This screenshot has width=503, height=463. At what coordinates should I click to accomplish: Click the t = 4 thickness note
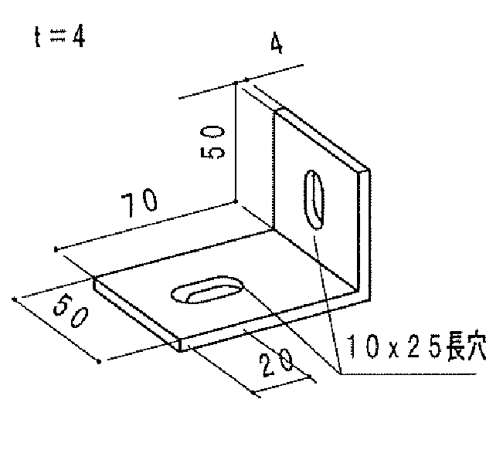tap(59, 36)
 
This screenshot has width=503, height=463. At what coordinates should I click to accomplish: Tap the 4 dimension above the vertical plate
tap(277, 42)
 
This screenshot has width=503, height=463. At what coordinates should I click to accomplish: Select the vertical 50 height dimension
tap(212, 142)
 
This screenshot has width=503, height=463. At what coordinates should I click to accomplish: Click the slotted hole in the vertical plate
tap(314, 199)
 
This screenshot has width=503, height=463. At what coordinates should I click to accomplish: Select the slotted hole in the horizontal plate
tap(207, 290)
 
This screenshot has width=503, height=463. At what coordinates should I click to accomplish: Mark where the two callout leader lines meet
tap(341, 373)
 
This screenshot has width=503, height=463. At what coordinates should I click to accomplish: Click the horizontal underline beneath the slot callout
tap(409, 373)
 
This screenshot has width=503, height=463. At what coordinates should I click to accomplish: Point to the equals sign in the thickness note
tap(58, 35)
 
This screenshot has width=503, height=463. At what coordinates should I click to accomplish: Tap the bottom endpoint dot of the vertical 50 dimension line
tap(236, 201)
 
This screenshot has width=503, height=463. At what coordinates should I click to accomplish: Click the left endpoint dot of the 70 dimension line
tap(56, 249)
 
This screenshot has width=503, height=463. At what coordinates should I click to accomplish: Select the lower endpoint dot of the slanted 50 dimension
tap(99, 362)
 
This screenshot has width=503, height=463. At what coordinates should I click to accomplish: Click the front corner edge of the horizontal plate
tap(181, 345)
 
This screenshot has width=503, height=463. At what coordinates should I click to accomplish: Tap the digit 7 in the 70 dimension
tap(128, 205)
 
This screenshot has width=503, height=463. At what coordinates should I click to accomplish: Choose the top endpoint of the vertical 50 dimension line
tap(236, 83)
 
